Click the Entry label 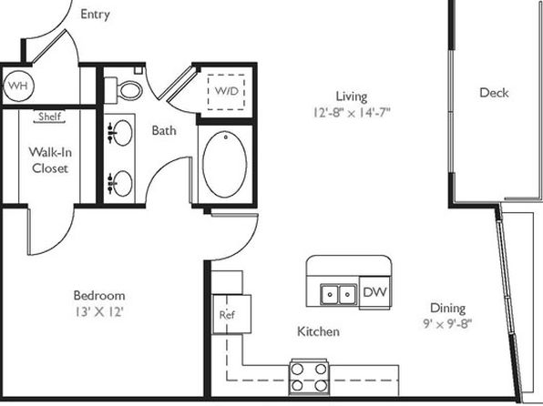click(96, 15)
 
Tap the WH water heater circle click(18, 86)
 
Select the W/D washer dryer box click(226, 92)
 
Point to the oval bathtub click(225, 165)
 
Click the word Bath click(164, 130)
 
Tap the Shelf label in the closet click(49, 117)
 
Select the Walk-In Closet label click(50, 160)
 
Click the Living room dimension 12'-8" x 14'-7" click(352, 113)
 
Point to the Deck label click(494, 93)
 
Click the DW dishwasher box click(375, 292)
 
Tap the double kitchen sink click(339, 295)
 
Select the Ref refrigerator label click(227, 315)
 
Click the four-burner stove click(309, 377)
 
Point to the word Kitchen click(318, 331)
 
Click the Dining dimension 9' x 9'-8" click(447, 324)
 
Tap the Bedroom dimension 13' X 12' click(99, 312)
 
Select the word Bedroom click(99, 296)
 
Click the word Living click(352, 96)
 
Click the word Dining click(447, 308)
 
